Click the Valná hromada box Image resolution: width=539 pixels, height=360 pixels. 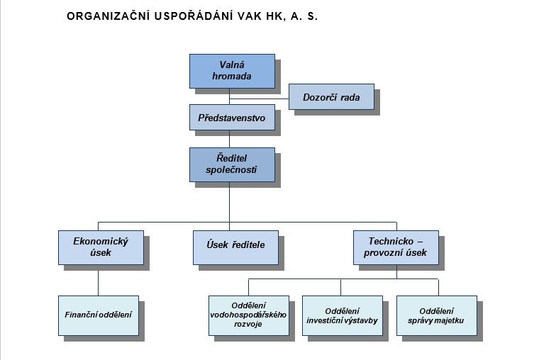(232, 71)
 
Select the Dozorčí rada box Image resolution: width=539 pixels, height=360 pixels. (331, 97)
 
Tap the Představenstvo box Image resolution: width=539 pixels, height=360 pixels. (232, 118)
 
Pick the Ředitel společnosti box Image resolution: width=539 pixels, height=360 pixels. (232, 164)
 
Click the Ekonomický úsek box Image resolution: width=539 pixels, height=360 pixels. (101, 247)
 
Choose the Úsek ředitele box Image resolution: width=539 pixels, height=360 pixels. (235, 247)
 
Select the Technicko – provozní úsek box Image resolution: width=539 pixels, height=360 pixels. (396, 247)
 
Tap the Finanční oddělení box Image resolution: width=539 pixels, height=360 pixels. (99, 315)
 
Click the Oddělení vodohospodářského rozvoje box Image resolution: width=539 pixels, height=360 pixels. (249, 315)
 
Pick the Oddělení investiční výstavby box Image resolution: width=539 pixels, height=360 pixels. (343, 315)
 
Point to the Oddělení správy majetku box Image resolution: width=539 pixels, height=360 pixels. (437, 315)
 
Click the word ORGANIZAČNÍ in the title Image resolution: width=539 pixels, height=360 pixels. (108, 16)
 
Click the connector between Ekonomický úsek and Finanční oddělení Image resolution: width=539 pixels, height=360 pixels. (99, 281)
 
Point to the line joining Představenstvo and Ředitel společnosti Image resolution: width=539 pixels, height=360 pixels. (229, 139)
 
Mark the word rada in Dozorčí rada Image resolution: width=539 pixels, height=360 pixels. (350, 98)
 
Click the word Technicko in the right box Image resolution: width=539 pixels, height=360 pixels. (391, 241)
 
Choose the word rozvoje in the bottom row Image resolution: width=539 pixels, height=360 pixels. (248, 324)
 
